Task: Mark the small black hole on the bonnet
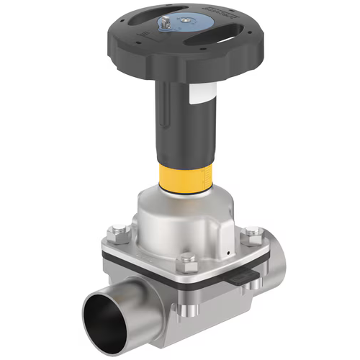[x=225, y=253]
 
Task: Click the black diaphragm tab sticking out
[x=244, y=274]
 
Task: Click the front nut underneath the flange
[x=189, y=312]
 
